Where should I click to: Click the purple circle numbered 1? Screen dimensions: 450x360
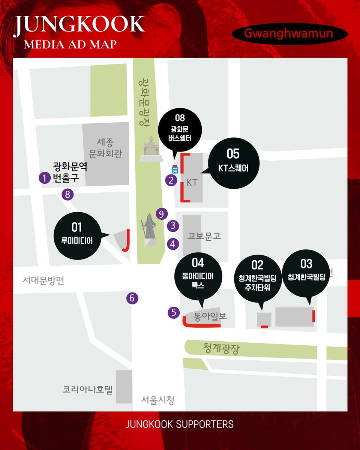tap(45, 178)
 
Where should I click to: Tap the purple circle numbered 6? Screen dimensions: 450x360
tap(132, 298)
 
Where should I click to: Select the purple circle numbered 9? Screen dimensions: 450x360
tap(161, 214)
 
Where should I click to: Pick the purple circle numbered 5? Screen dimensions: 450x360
tap(174, 312)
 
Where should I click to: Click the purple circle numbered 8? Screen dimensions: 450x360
tap(68, 194)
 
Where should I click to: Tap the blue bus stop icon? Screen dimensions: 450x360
tap(175, 168)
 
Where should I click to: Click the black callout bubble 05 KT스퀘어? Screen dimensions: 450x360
tap(233, 161)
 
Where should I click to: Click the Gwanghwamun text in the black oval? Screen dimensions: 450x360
tap(288, 33)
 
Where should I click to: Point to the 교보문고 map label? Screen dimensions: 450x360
tap(204, 236)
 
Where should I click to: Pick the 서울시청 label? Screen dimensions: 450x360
tap(157, 400)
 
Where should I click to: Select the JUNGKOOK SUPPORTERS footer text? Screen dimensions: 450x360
tap(180, 424)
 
